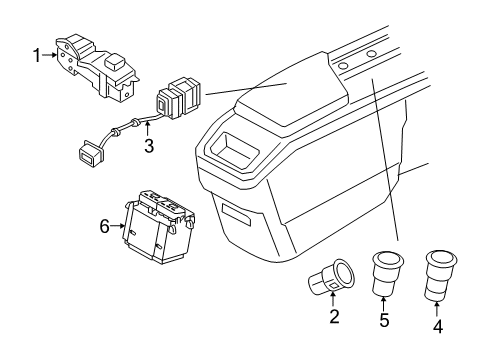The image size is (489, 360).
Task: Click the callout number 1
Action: (x=38, y=56)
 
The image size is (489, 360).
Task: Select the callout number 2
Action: (x=335, y=318)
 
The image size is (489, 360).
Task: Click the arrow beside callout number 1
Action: (x=50, y=56)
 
